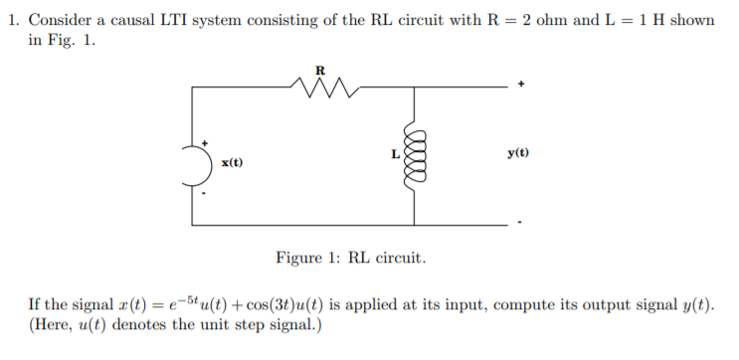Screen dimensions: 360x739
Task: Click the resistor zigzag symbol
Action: click(x=319, y=93)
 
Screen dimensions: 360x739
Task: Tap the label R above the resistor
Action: click(x=319, y=70)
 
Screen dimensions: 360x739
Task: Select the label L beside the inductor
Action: click(x=395, y=154)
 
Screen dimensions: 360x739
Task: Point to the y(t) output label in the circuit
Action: click(x=517, y=153)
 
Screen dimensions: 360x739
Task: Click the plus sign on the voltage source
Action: click(x=205, y=144)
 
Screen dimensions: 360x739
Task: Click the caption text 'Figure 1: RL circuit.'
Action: click(x=351, y=258)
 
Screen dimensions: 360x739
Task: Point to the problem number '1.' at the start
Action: click(x=14, y=21)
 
